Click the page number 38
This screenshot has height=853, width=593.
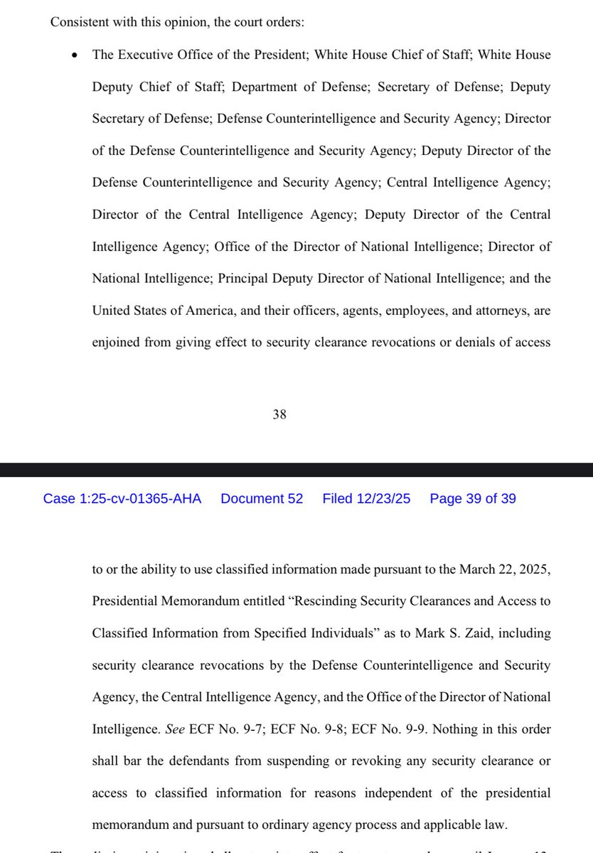279,414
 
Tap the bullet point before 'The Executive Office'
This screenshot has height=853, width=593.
75,55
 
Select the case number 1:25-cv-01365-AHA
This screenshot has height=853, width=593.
122,499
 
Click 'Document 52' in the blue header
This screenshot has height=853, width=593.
262,499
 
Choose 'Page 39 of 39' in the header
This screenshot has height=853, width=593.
473,499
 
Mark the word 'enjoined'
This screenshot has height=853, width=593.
117,342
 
